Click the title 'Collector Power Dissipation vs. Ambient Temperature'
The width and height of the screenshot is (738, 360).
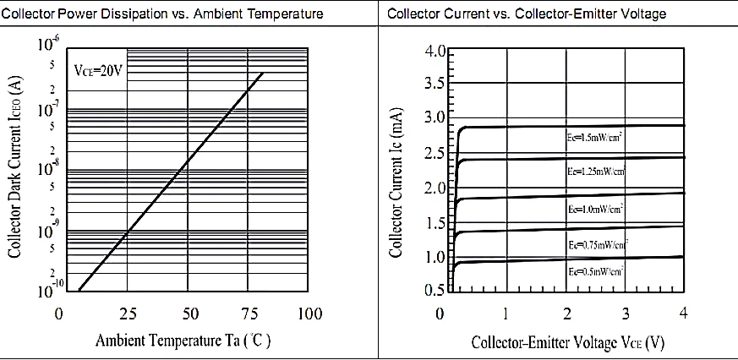pyautogui.click(x=169, y=14)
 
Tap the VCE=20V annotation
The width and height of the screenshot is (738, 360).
pyautogui.click(x=99, y=69)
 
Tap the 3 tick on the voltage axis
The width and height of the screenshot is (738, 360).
pyautogui.click(x=625, y=314)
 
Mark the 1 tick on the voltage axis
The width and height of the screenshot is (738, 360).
pyautogui.click(x=506, y=314)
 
